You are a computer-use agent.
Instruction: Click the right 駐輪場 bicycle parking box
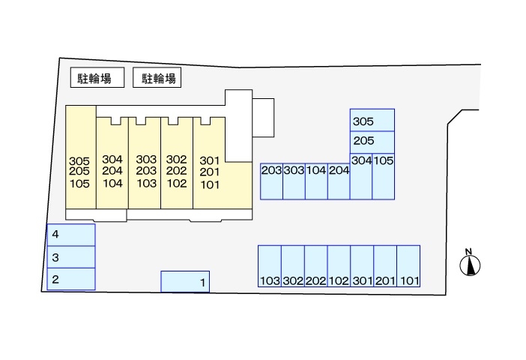click(158, 78)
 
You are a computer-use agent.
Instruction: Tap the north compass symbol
click(470, 264)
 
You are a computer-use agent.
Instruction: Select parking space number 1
click(186, 281)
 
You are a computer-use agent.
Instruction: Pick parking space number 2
click(71, 279)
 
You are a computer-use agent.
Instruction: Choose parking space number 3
click(71, 257)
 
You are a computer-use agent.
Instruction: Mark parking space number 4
click(71, 235)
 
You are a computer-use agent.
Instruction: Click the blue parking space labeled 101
click(408, 266)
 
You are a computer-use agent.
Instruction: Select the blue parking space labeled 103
click(269, 266)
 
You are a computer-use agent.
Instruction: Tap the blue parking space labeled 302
click(293, 266)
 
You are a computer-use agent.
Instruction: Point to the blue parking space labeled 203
click(271, 181)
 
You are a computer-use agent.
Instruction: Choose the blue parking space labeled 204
click(339, 181)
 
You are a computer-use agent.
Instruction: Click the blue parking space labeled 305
click(372, 120)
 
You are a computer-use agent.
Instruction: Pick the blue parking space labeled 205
click(372, 141)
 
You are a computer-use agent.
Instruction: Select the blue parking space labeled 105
click(384, 176)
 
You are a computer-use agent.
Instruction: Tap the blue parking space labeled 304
click(361, 176)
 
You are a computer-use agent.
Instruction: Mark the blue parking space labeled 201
click(385, 266)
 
